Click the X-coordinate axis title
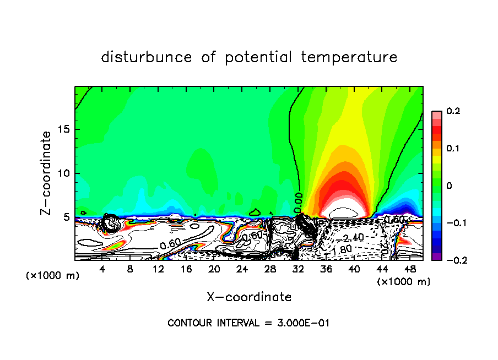249,297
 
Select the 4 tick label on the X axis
102,269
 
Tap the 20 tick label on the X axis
214,269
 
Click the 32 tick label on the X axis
298,269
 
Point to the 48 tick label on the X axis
410,269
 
